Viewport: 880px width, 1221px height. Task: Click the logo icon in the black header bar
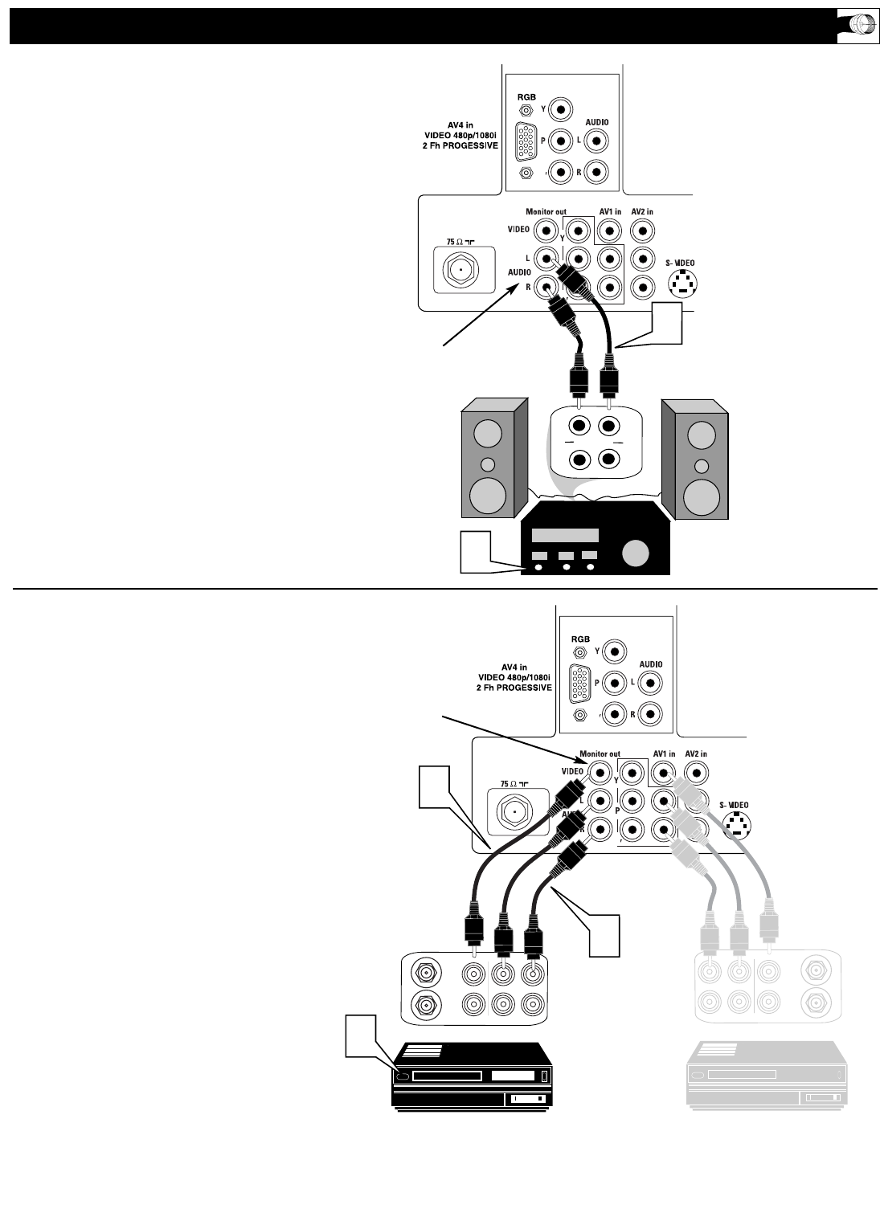click(857, 26)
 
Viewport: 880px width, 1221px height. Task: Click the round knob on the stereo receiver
click(634, 553)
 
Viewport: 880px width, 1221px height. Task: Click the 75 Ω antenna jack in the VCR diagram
click(512, 810)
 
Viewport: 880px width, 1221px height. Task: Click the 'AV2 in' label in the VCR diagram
click(695, 754)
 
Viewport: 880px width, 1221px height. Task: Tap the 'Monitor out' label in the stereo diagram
click(546, 212)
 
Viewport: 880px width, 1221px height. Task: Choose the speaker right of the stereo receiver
click(695, 459)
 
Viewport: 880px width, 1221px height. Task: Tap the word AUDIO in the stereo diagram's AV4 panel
click(596, 122)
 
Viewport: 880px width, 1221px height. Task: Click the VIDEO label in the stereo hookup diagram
click(518, 230)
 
